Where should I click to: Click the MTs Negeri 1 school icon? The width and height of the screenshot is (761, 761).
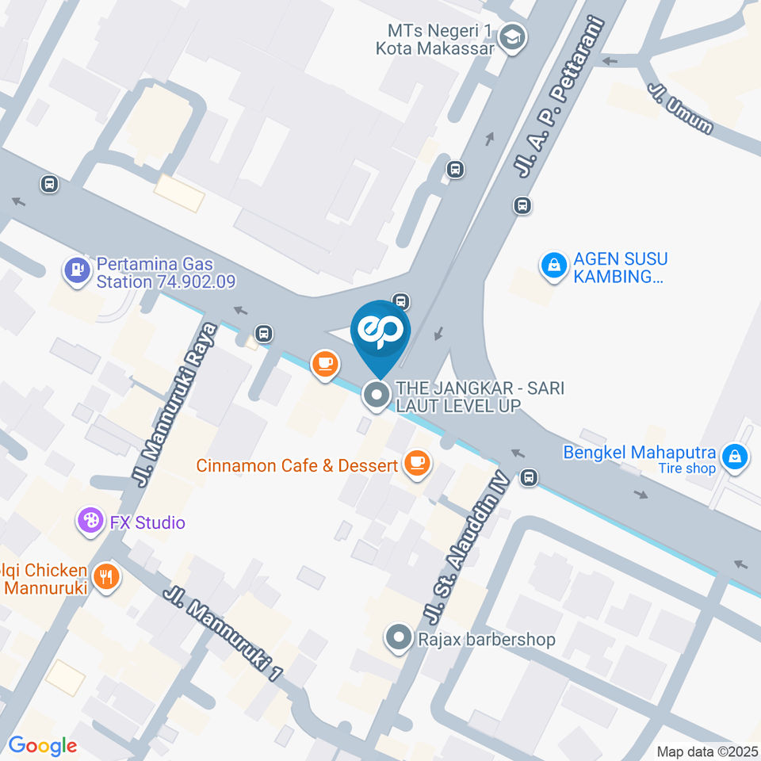coord(514,37)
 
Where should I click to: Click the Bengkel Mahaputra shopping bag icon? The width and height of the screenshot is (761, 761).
coord(736,457)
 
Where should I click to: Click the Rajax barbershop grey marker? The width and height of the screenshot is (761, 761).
coord(398,637)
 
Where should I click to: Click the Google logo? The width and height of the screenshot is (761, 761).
coord(42,745)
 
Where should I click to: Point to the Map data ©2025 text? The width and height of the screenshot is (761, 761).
coord(706,751)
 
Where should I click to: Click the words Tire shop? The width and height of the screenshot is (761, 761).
coord(686,468)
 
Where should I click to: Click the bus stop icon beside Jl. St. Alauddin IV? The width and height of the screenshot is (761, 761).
coord(529,478)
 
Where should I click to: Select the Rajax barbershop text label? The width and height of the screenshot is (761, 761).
coord(487,639)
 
